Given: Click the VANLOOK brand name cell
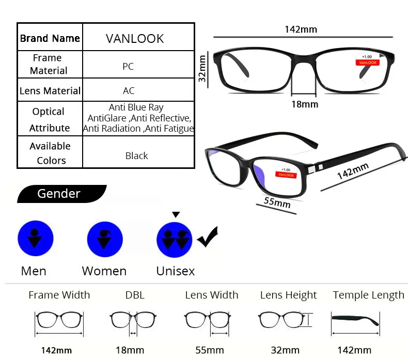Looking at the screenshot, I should click(x=134, y=39).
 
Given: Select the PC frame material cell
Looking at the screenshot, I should click(x=128, y=66).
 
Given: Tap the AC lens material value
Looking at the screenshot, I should click(x=129, y=91).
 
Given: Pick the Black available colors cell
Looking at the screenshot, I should click(x=136, y=155).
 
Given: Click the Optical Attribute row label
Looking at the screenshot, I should click(x=50, y=119).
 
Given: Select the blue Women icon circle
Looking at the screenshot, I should click(x=105, y=239).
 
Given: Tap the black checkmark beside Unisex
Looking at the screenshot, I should click(x=208, y=238).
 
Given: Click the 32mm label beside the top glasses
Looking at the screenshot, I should click(x=203, y=69).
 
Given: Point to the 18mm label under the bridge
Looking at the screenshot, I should click(x=304, y=104).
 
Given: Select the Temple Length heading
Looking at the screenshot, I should click(x=368, y=295).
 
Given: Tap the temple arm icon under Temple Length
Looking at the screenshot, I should click(x=355, y=320).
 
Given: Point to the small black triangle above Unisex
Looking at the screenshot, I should click(x=176, y=214).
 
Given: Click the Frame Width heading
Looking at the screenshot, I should click(x=59, y=295).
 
